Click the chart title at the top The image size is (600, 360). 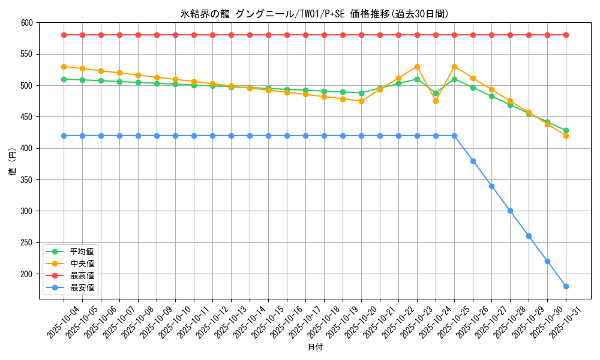click(x=314, y=14)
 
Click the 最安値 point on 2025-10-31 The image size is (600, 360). click(x=566, y=286)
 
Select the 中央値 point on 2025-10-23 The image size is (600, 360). click(x=417, y=67)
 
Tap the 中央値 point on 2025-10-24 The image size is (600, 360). click(x=436, y=101)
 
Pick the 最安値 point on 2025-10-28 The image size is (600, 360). click(x=510, y=211)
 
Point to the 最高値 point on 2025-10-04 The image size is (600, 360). click(x=64, y=35)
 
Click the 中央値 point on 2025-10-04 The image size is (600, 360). click(x=64, y=67)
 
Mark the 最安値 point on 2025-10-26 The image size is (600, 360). click(x=473, y=161)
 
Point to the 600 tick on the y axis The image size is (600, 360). click(x=26, y=23)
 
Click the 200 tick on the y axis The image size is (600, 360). click(x=26, y=274)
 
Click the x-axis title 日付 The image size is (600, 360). click(x=315, y=347)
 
